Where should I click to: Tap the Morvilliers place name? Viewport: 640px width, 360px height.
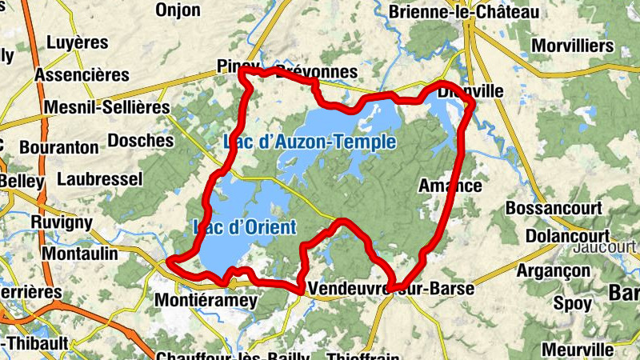coord(572,46)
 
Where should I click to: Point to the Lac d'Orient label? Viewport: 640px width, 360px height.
coord(245,226)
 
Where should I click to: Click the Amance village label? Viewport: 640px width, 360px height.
coord(450,186)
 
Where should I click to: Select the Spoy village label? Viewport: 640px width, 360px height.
coord(572,304)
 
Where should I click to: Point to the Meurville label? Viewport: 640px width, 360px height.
coord(577,350)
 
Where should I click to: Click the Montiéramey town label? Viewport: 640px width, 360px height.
coord(205,301)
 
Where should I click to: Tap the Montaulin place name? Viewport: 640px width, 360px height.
coord(78,253)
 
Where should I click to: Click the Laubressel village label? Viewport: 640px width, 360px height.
coord(100,178)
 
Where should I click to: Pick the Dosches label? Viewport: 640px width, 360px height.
coord(140,140)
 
